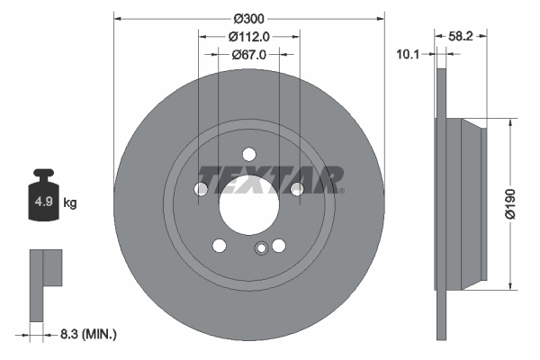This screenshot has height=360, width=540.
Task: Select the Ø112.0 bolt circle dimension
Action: pos(249,37)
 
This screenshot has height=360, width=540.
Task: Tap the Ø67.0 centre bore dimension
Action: pos(249,55)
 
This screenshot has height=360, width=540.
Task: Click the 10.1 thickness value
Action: pos(409,54)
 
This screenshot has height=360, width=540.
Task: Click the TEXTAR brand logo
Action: pos(271,180)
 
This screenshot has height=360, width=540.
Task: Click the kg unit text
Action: pos(69,203)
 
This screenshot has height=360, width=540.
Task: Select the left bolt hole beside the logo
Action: pos(202,188)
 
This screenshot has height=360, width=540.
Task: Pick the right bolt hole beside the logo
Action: pos(296,188)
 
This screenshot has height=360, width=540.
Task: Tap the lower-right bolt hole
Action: pos(279,246)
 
